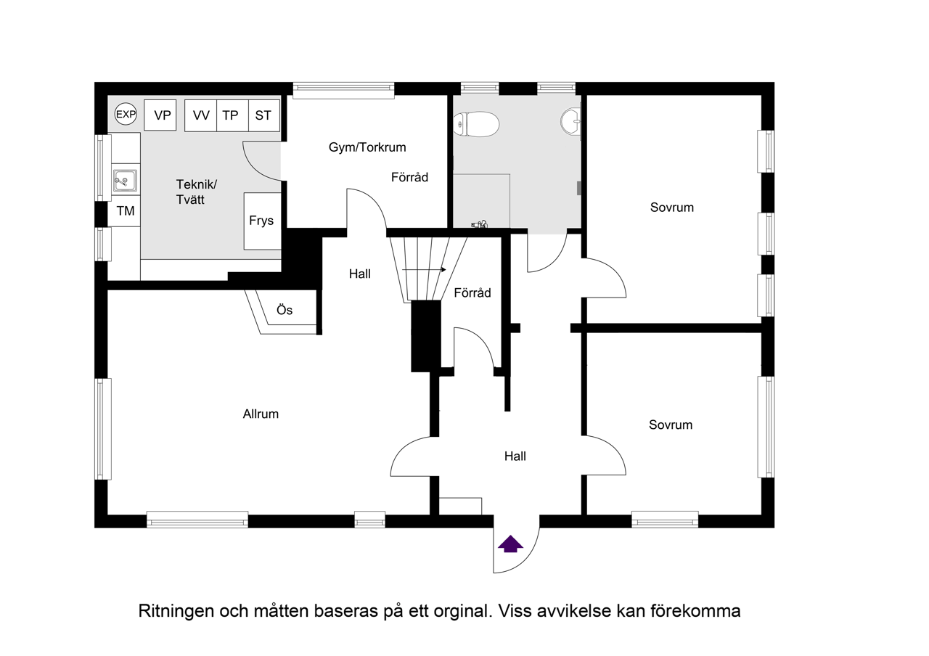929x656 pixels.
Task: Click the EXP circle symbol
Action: (126, 114)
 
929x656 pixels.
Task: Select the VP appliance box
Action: (160, 115)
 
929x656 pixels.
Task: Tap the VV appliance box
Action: (201, 116)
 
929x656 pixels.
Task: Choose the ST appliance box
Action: (263, 116)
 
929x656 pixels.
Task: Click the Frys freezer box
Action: (262, 221)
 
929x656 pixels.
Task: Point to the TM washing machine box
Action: (125, 211)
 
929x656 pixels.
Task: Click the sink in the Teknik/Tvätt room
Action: (125, 180)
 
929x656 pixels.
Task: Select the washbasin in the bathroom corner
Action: (571, 121)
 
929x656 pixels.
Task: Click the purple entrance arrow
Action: (511, 544)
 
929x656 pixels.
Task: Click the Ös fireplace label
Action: (285, 310)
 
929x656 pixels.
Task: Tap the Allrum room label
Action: (261, 414)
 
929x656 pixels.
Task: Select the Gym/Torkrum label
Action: (367, 147)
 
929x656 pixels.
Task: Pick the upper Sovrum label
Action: (671, 208)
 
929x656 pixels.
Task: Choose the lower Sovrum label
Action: (671, 425)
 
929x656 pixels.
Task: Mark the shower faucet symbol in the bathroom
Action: (480, 225)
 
